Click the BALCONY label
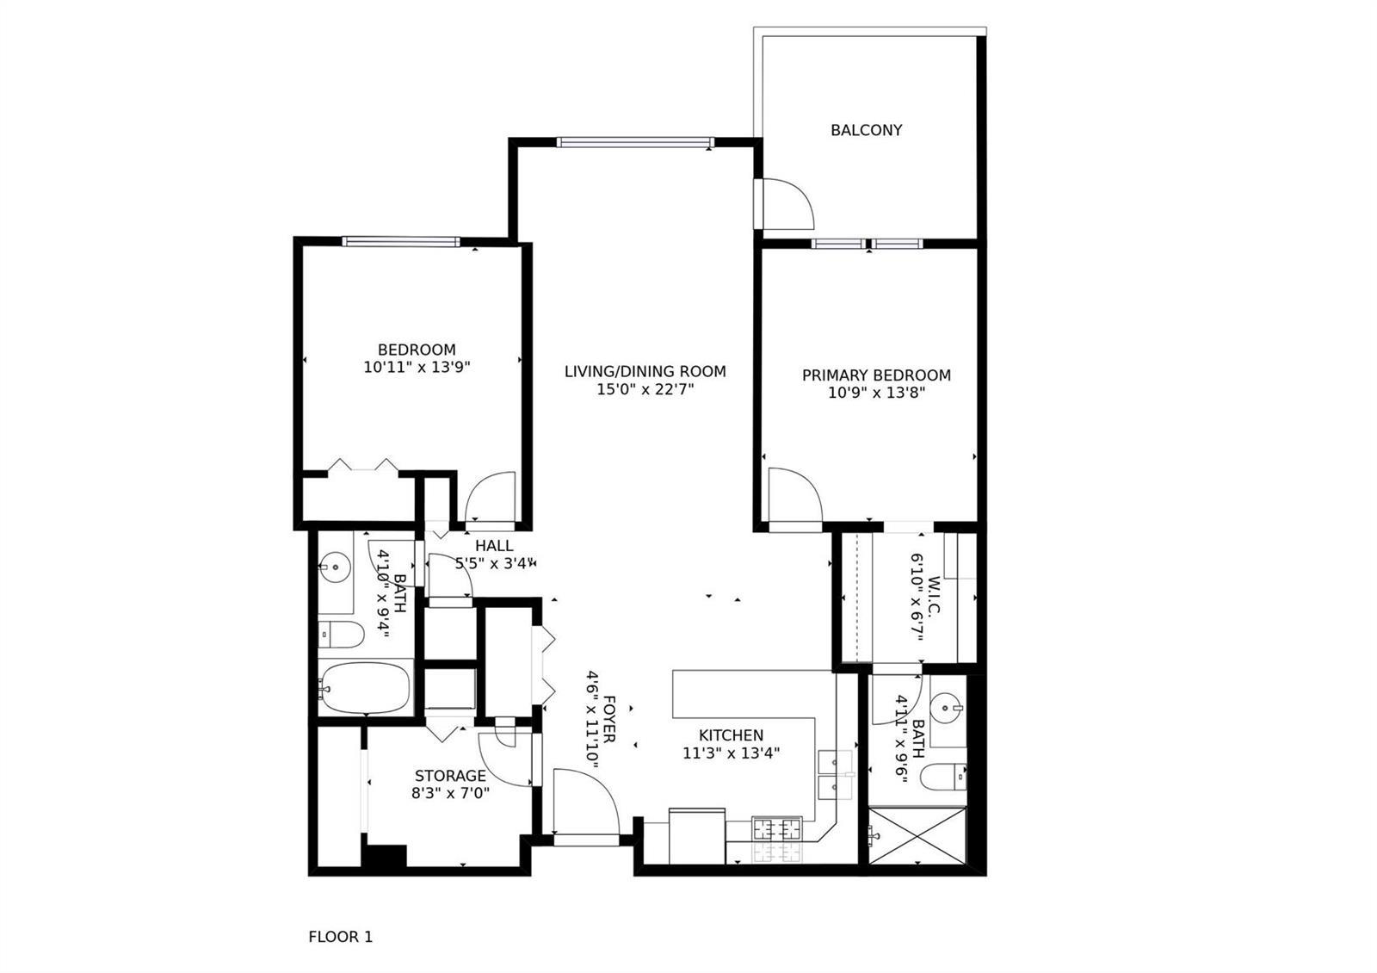coord(866,130)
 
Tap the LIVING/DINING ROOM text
coord(645,371)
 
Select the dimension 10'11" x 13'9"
coord(417,367)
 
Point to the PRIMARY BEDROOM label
coord(876,375)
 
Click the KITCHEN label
coord(731,735)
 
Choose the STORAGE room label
coord(450,776)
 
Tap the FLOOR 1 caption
coord(341,937)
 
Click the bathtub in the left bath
coord(365,688)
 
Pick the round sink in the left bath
coord(335,567)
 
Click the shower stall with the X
coord(917,836)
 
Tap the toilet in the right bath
coord(943,777)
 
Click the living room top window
coord(635,143)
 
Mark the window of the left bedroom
coord(401,242)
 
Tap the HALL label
coord(494,546)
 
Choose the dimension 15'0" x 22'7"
coord(645,389)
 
